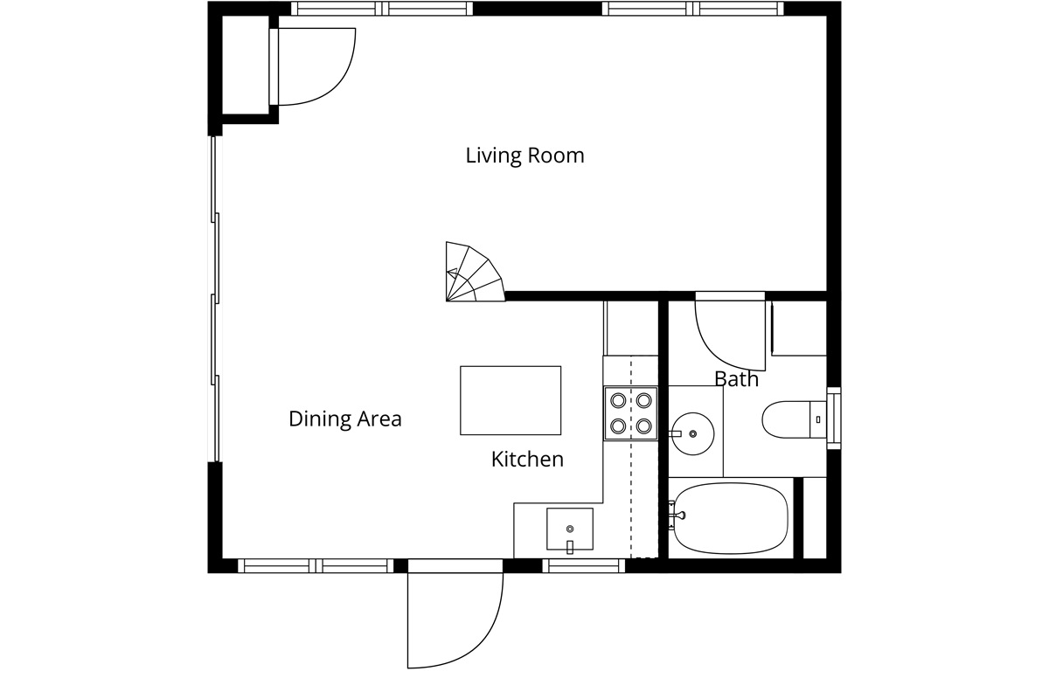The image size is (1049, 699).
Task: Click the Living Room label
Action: [524, 156]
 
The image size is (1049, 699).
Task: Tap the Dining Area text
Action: [345, 419]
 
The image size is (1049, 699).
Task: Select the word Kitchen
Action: [527, 460]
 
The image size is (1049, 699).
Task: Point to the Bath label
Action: [736, 378]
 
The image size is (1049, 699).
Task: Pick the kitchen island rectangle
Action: [511, 400]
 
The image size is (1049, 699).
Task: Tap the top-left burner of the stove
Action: [618, 400]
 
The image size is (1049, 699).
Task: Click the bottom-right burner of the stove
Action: [644, 426]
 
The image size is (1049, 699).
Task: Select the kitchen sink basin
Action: [570, 529]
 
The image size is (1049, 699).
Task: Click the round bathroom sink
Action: [692, 433]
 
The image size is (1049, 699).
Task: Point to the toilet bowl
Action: [786, 419]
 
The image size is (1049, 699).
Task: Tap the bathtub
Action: [731, 518]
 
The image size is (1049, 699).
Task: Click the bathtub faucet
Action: [677, 516]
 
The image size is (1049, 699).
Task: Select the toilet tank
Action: [818, 419]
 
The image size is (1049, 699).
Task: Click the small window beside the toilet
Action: [834, 418]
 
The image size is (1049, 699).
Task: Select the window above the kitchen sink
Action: [584, 565]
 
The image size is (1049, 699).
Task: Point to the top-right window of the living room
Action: [692, 9]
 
